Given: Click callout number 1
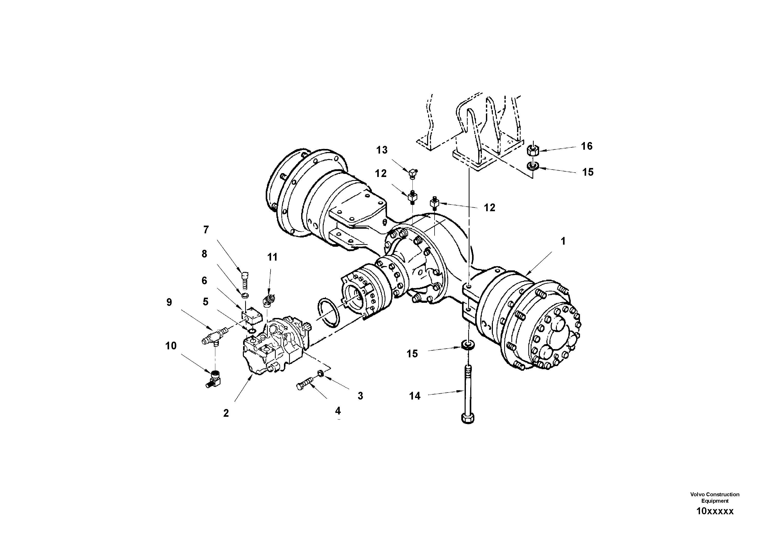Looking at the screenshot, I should pyautogui.click(x=563, y=241).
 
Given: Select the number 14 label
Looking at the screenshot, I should pyautogui.click(x=415, y=396).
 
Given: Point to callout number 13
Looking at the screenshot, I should pyautogui.click(x=382, y=150).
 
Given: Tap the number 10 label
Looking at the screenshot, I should pyautogui.click(x=171, y=346).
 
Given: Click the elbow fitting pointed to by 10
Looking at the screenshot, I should pyautogui.click(x=215, y=379).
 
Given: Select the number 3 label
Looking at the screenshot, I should pyautogui.click(x=360, y=396).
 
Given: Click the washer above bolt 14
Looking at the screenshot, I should pyautogui.click(x=468, y=344).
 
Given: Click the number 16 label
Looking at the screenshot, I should pyautogui.click(x=587, y=146).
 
